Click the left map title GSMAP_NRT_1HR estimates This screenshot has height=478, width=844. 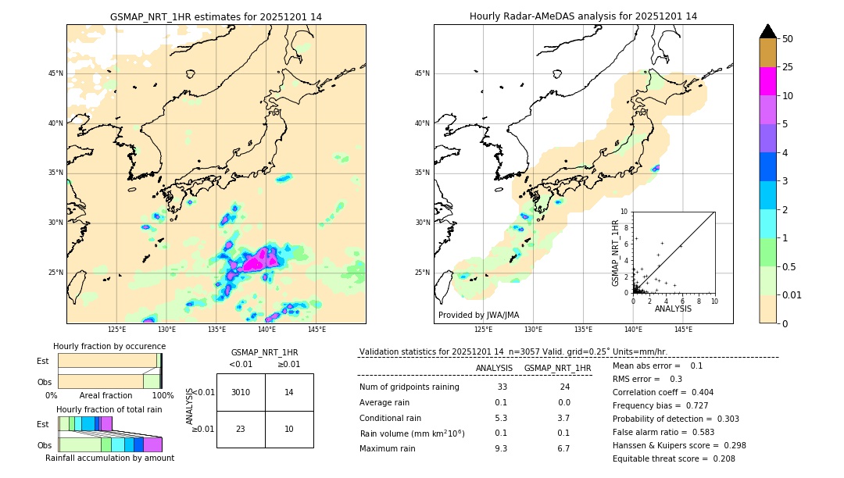click(216, 16)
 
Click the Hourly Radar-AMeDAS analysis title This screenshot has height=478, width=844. click(583, 16)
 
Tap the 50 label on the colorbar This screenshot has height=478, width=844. click(788, 39)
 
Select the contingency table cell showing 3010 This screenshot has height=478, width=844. click(241, 392)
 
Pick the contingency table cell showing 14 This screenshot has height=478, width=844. click(289, 392)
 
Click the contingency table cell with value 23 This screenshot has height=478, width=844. click(241, 429)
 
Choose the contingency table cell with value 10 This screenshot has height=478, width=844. click(289, 429)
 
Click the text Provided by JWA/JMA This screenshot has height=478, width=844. click(478, 316)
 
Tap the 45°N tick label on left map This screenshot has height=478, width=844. click(55, 73)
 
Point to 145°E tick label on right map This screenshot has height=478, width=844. click(683, 330)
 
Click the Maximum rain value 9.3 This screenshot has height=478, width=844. click(501, 448)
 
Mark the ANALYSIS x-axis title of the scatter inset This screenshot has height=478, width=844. click(673, 309)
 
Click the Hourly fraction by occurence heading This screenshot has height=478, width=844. click(109, 346)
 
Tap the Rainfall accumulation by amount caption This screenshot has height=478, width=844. click(109, 458)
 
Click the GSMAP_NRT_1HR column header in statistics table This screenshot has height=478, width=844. click(557, 368)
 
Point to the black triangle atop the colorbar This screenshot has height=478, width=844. click(768, 31)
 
